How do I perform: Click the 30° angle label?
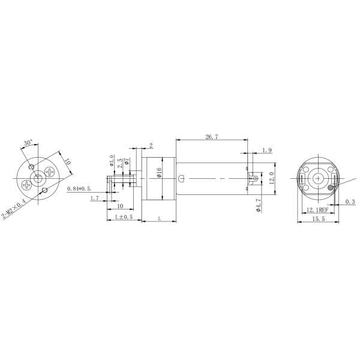coord(28,143)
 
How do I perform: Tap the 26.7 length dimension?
coord(211,137)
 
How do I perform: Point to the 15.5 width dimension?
coord(319,220)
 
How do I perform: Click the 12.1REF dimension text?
coord(317,210)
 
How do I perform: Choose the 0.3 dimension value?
coord(350,202)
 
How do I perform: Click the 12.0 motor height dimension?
coord(271,178)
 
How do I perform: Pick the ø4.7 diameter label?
coord(258,205)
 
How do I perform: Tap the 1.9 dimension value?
coord(267,150)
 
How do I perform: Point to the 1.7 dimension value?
coord(94,198)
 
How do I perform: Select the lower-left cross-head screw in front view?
coord(26,184)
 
